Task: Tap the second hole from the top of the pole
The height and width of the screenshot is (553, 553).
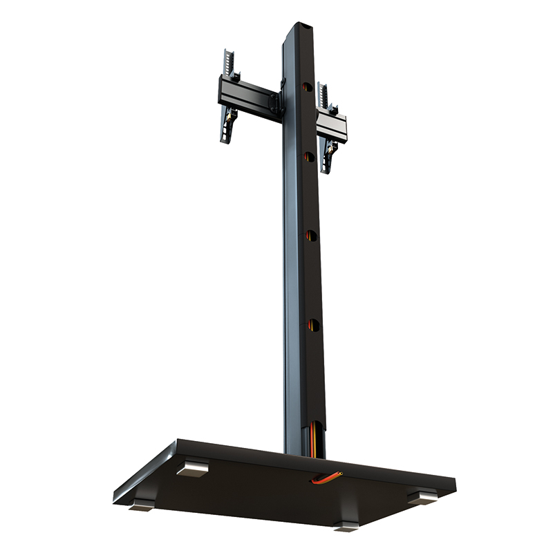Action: point(308,157)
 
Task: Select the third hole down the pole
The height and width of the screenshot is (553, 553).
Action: point(310,236)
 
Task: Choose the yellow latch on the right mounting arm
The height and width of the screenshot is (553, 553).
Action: point(332,148)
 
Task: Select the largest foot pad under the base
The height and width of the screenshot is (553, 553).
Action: point(192,469)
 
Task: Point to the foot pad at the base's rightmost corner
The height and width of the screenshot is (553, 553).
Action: point(422,496)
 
